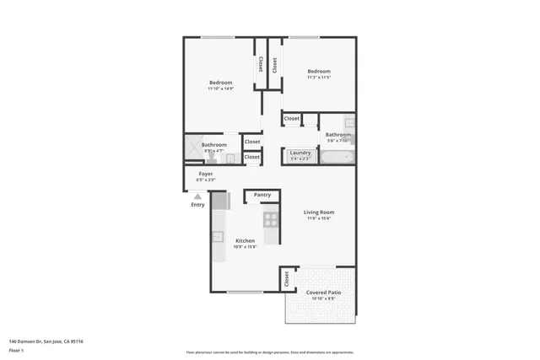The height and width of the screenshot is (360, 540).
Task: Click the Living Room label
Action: (x=319, y=212)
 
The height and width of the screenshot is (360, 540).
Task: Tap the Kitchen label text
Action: (x=245, y=240)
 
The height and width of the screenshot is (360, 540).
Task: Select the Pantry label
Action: (x=262, y=195)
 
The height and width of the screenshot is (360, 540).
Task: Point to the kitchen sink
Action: (x=217, y=236)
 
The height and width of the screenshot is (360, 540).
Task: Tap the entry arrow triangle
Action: (x=197, y=196)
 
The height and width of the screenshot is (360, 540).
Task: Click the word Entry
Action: (x=197, y=205)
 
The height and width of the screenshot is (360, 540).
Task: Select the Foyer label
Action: (x=205, y=174)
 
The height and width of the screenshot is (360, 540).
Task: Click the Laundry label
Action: (x=300, y=153)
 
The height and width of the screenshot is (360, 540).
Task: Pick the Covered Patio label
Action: (x=324, y=293)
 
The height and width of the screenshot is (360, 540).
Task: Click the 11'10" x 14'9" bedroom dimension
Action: (x=220, y=89)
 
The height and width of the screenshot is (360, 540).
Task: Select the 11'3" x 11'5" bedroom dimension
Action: (x=318, y=78)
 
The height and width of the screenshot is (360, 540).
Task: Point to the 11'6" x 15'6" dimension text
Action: (x=319, y=219)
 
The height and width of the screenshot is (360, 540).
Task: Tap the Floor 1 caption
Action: (x=17, y=349)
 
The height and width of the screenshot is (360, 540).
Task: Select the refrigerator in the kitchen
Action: (x=220, y=201)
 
